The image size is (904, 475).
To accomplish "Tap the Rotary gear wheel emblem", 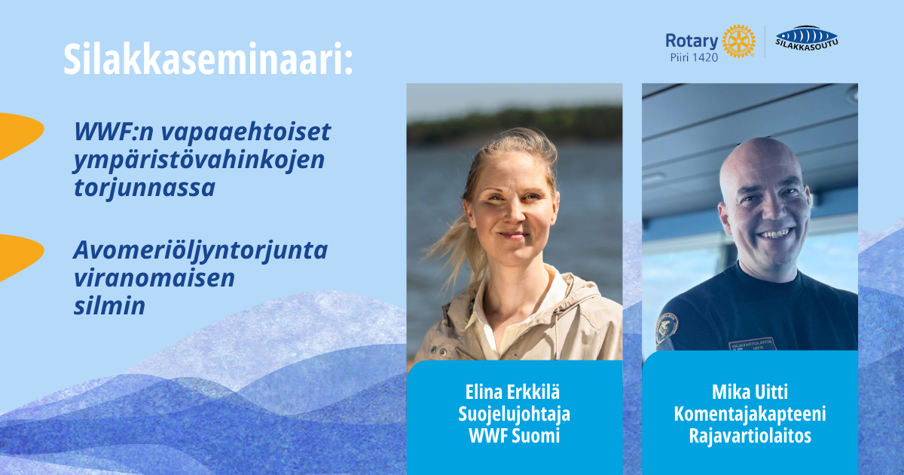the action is pos(738,41).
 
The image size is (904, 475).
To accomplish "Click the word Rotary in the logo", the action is pos(692,41).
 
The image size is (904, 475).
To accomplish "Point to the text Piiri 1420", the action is pos(694,57).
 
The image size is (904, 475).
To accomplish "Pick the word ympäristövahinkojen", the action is pos(199,161).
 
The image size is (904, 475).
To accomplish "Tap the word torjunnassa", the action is pos(144,188).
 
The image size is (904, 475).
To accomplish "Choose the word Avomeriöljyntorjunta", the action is pos(200,251).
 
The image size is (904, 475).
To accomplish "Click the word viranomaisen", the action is pos(154,278).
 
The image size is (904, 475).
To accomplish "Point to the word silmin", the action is pos(109,306).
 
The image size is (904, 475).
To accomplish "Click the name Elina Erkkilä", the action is pos(512,392).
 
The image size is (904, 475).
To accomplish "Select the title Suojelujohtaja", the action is pos(514,415).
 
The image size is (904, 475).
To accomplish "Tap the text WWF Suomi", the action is pos(514,436).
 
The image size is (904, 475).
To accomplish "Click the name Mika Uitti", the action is pos(750,392).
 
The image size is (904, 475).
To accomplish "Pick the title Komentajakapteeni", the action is pos(750,415).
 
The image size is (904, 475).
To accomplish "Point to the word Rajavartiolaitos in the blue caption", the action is pos(750,436).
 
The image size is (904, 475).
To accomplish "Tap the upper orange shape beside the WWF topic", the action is pos(20,136).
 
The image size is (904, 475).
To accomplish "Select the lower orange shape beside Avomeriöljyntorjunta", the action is pos(20,257).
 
